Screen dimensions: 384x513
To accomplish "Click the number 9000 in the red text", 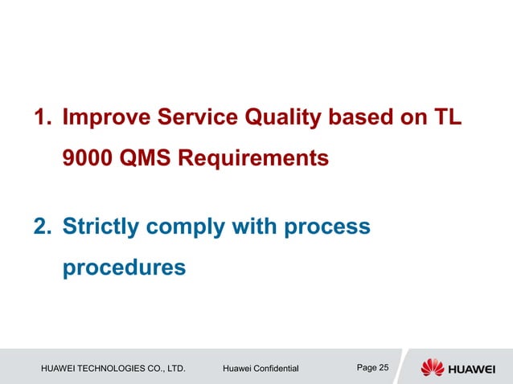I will click(x=87, y=158).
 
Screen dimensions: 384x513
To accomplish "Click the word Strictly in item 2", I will click(x=102, y=227).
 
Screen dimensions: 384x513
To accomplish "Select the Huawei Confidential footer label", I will click(x=260, y=369).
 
